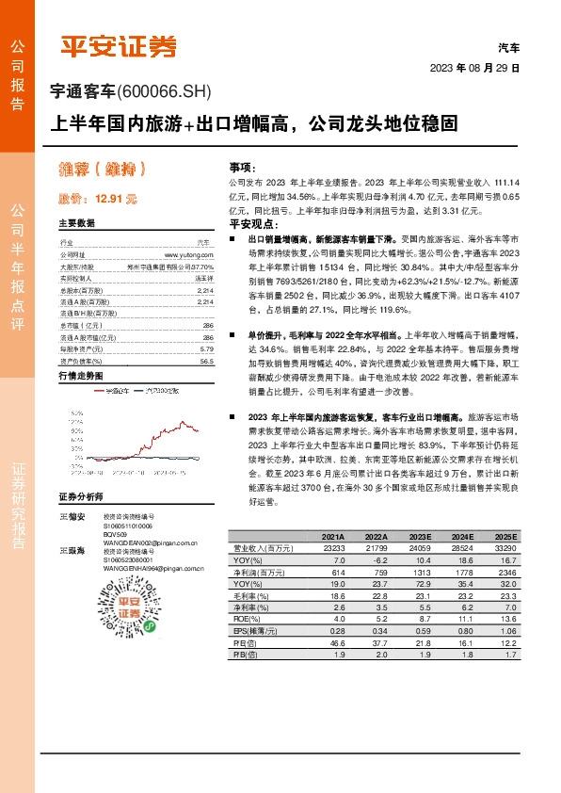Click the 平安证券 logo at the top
click(x=118, y=45)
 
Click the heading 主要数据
click(x=76, y=223)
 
